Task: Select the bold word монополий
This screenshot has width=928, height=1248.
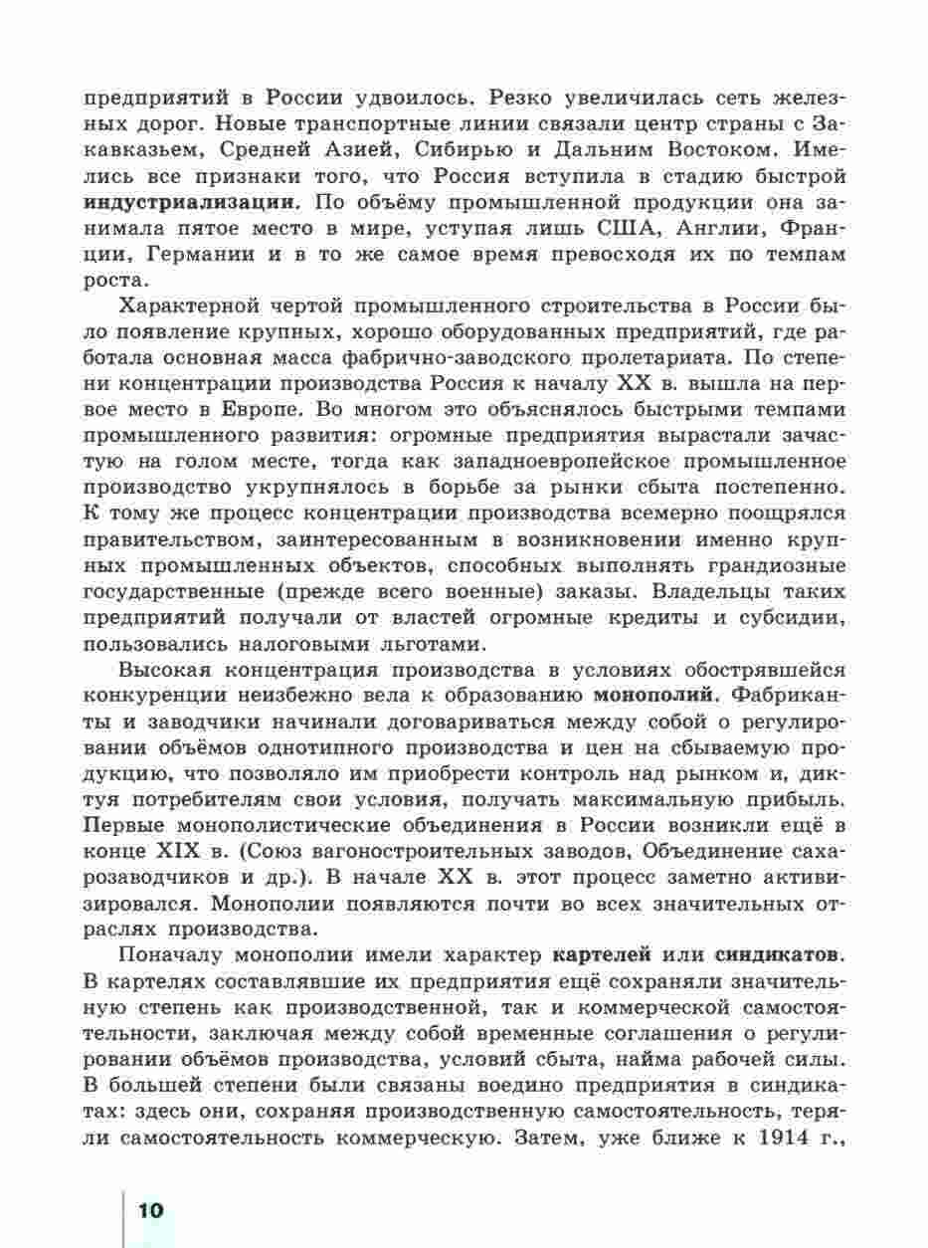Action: click(x=655, y=693)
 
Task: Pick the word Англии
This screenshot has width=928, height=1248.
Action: click(x=715, y=228)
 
